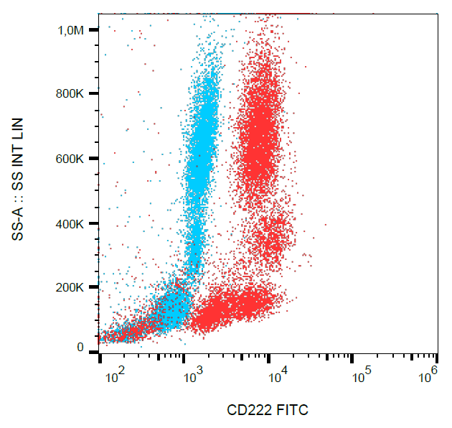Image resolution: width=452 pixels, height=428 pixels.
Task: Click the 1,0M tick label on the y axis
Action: click(x=71, y=30)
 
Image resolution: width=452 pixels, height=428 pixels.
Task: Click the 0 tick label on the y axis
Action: click(x=81, y=348)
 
